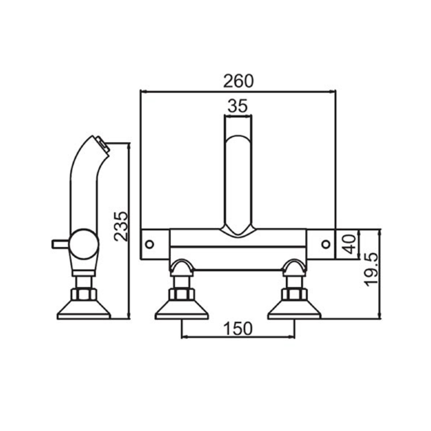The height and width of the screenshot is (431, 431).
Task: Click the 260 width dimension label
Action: click(x=237, y=81)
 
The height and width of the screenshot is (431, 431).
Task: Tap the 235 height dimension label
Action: click(x=122, y=226)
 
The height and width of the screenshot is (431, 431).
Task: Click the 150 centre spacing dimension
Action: click(x=238, y=329)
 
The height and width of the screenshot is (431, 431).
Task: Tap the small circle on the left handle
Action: click(x=150, y=244)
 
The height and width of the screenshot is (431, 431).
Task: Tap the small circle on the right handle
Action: click(x=326, y=244)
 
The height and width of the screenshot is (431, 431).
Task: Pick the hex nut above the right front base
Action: click(x=294, y=295)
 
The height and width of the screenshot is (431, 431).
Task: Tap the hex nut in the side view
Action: click(x=84, y=295)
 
